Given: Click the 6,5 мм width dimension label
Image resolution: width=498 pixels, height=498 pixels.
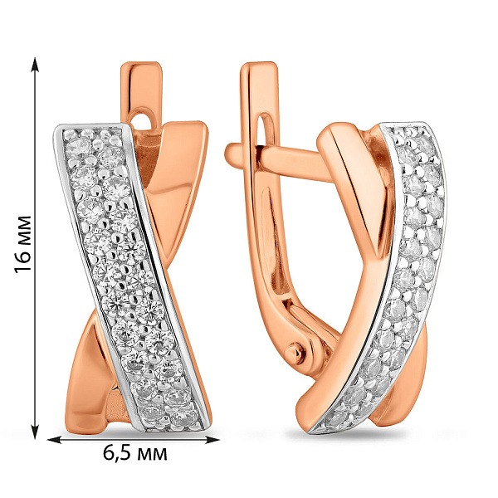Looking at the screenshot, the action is pyautogui.click(x=134, y=453).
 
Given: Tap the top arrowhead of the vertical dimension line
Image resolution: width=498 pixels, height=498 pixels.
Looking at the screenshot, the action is pyautogui.click(x=35, y=65).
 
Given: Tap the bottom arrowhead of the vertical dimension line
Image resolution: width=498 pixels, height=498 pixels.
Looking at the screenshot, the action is pyautogui.click(x=35, y=430).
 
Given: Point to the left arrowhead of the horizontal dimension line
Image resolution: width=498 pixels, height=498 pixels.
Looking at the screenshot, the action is pyautogui.click(x=55, y=440).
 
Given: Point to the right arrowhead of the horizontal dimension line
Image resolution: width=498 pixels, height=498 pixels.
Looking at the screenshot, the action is pyautogui.click(x=212, y=440).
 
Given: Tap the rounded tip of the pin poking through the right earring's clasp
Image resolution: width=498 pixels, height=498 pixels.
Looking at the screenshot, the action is pyautogui.click(x=232, y=154).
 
